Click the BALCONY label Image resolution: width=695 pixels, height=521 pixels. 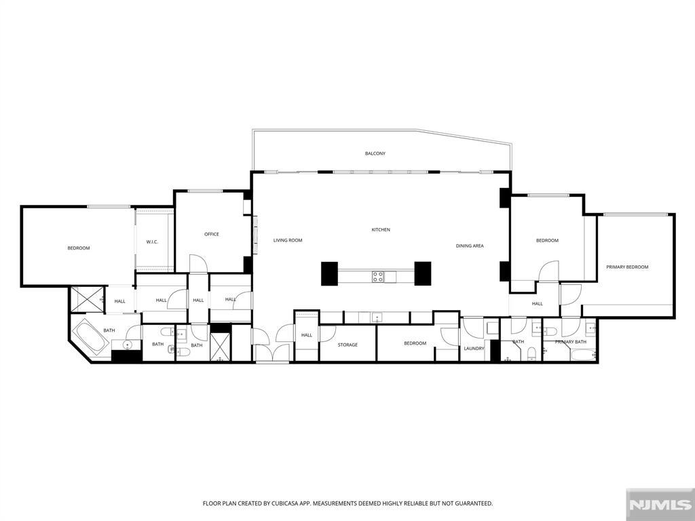click(375, 154)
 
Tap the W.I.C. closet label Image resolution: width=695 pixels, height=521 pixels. click(152, 242)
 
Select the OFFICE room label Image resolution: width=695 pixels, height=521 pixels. click(212, 235)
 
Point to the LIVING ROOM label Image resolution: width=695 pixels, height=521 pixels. click(288, 240)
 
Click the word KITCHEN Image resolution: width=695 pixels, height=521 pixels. click(381, 230)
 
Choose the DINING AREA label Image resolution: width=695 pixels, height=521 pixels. click(470, 246)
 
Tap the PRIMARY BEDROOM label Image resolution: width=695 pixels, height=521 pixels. click(627, 267)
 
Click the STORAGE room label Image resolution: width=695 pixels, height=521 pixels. click(348, 345)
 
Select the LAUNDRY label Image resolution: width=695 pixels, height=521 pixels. click(474, 349)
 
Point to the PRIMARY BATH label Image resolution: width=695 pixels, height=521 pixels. click(570, 342)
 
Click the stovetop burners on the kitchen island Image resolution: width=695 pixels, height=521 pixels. click(378, 276)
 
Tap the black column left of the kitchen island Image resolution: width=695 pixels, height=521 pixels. click(330, 273)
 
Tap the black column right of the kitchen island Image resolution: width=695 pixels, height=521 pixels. click(423, 273)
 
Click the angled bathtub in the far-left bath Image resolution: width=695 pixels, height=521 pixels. click(90, 336)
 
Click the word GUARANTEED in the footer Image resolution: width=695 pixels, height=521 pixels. click(469, 503)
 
